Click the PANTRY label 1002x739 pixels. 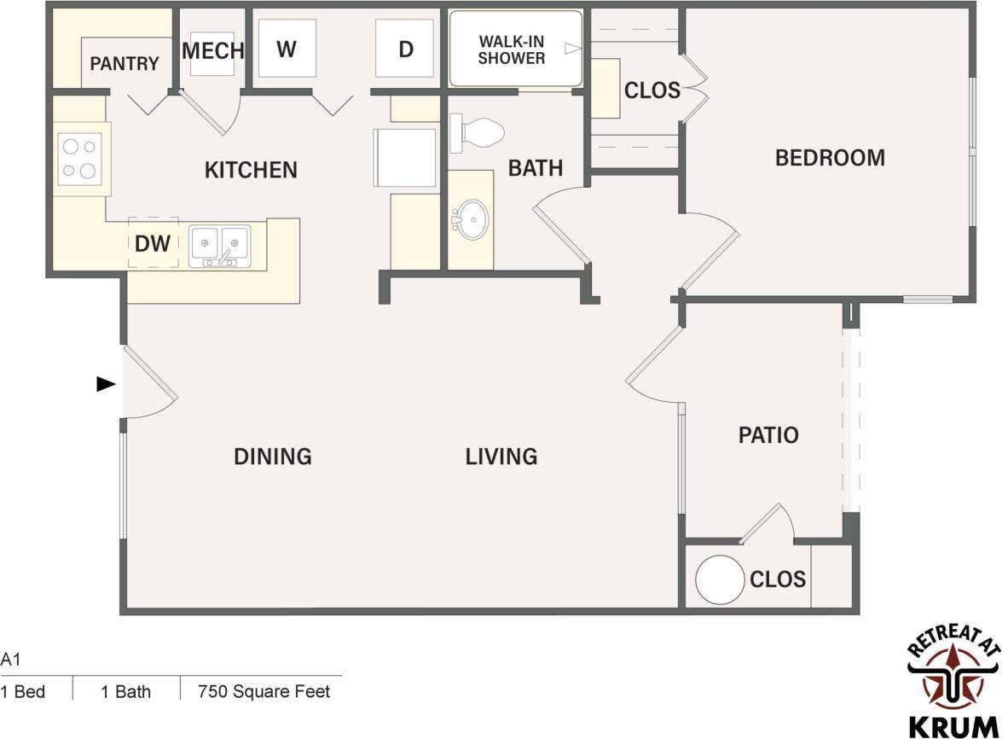tap(125, 63)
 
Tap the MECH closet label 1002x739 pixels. tap(212, 50)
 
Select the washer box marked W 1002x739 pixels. tap(286, 49)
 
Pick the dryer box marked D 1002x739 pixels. tap(406, 49)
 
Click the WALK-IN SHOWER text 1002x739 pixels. tap(511, 49)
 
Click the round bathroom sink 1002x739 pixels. tap(470, 220)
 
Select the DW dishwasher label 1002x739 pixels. tap(153, 244)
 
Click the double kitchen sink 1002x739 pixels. tap(219, 245)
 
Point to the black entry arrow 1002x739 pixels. tap(106, 384)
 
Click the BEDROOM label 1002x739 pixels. tap(829, 158)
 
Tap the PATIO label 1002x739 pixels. tap(767, 435)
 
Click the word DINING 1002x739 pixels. tap(272, 457)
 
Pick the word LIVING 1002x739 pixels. tap(501, 457)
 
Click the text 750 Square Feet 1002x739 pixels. tap(264, 691)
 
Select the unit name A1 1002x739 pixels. tap(10, 659)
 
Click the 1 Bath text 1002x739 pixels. tap(125, 691)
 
